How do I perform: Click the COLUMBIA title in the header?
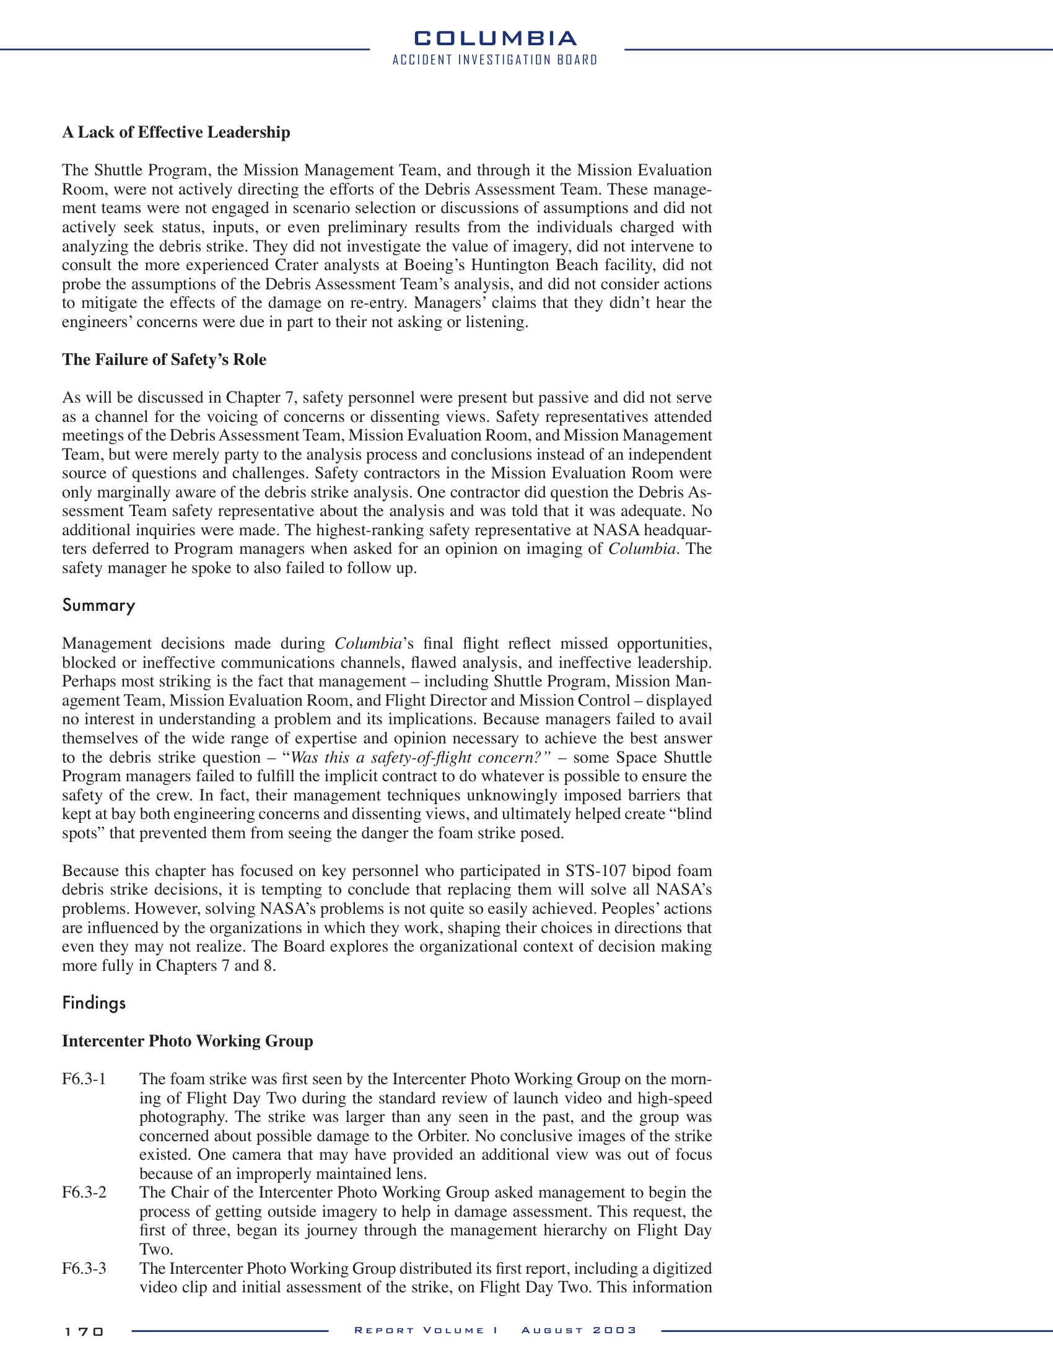pyautogui.click(x=496, y=38)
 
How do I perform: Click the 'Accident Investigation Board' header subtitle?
pyautogui.click(x=496, y=60)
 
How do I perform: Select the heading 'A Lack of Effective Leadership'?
pyautogui.click(x=176, y=133)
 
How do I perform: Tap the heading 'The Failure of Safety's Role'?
pyautogui.click(x=164, y=359)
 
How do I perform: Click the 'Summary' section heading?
pyautogui.click(x=98, y=605)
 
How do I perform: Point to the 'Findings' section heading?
pyautogui.click(x=94, y=1003)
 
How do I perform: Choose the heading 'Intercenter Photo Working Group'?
pyautogui.click(x=187, y=1041)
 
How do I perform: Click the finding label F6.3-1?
pyautogui.click(x=84, y=1079)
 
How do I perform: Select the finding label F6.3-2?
pyautogui.click(x=84, y=1193)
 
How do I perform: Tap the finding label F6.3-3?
pyautogui.click(x=84, y=1269)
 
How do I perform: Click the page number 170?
pyautogui.click(x=84, y=1332)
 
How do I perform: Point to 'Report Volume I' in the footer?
pyautogui.click(x=426, y=1331)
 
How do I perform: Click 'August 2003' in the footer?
pyautogui.click(x=579, y=1331)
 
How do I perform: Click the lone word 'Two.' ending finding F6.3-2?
pyautogui.click(x=156, y=1250)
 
